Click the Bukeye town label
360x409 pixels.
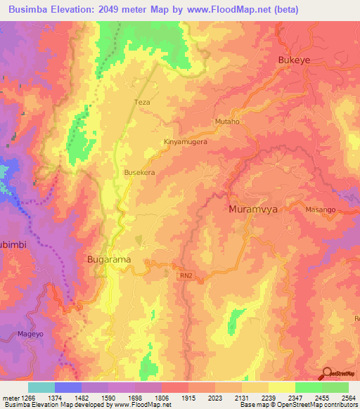(x=295, y=60)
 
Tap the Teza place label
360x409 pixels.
(x=142, y=102)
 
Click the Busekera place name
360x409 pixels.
(x=139, y=171)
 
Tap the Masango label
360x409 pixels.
(x=321, y=210)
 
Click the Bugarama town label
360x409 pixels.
(x=108, y=259)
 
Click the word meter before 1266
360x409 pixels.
(x=9, y=397)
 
